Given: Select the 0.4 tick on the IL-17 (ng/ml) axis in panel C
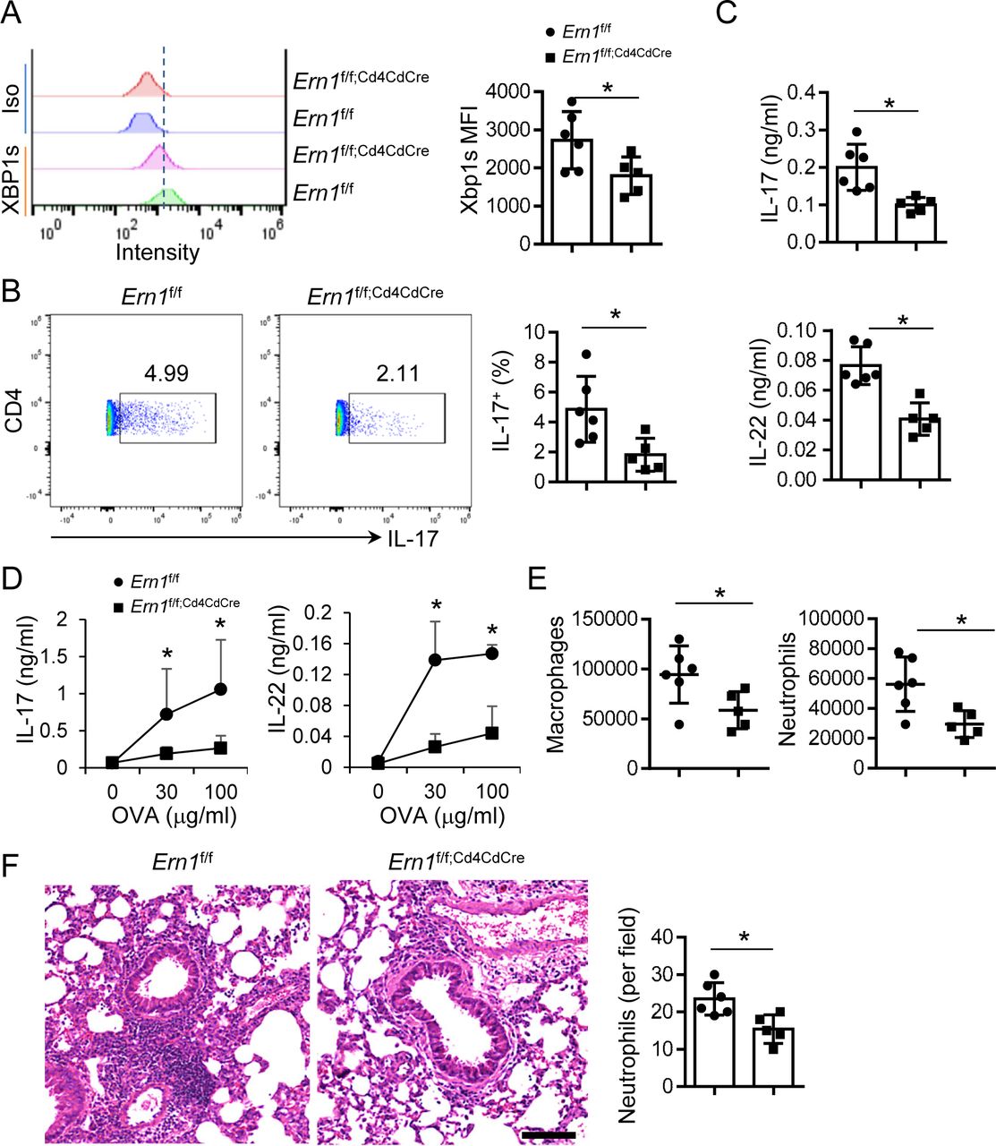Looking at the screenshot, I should pyautogui.click(x=809, y=92).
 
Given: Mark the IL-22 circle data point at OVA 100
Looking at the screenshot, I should pyautogui.click(x=491, y=654).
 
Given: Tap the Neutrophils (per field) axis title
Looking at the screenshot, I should pyautogui.click(x=627, y=1016).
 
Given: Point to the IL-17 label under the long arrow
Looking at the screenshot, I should pyautogui.click(x=413, y=539).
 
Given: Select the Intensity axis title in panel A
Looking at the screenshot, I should pyautogui.click(x=157, y=252).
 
